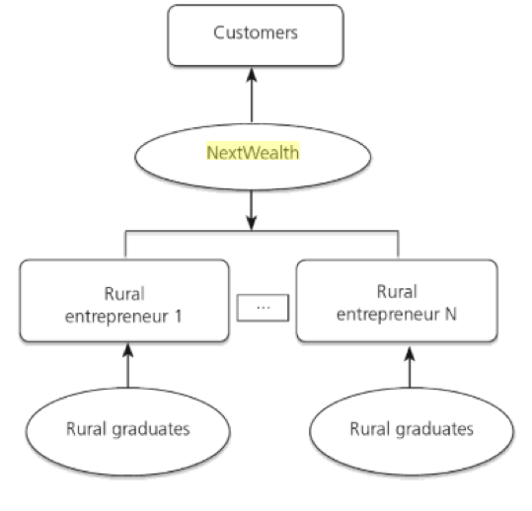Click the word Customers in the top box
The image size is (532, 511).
click(256, 33)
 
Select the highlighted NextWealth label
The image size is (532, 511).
click(253, 152)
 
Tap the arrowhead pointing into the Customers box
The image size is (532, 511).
click(252, 75)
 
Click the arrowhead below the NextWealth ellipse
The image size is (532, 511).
click(251, 222)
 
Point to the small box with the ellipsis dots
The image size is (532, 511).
click(263, 308)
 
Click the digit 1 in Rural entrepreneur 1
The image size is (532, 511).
click(179, 317)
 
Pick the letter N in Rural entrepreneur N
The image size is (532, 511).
click(450, 315)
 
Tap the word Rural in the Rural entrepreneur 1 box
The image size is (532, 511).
click(124, 294)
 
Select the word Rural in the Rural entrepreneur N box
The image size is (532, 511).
click(397, 292)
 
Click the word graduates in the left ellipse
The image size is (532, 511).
click(151, 430)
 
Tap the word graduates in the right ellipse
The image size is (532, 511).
click(435, 430)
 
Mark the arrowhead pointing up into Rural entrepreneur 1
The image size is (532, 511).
click(127, 350)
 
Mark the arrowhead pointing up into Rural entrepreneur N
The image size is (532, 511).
click(410, 354)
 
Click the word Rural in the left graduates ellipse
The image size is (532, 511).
click(86, 428)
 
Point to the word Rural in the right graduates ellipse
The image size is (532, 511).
click(370, 428)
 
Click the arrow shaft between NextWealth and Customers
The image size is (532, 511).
click(252, 102)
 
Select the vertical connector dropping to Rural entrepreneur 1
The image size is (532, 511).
click(125, 244)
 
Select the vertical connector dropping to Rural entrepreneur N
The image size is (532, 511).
click(398, 244)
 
